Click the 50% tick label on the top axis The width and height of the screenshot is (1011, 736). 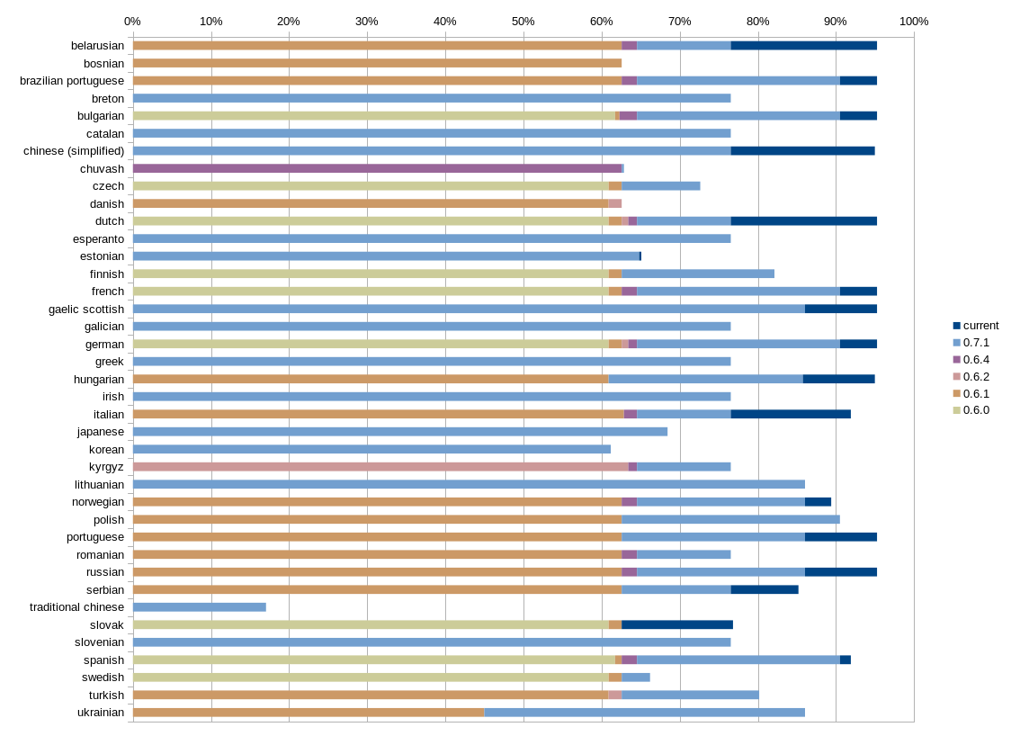(523, 22)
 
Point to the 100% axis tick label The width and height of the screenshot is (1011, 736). (913, 22)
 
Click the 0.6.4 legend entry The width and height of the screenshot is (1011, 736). (976, 360)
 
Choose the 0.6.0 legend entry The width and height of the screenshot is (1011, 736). (976, 410)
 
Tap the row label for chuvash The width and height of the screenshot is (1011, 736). (102, 168)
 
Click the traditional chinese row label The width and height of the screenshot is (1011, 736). (76, 607)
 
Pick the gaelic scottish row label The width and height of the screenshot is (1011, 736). (86, 309)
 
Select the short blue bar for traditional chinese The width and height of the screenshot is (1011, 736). (200, 607)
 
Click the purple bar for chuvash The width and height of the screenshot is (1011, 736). (378, 168)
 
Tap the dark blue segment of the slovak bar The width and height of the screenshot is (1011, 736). (677, 624)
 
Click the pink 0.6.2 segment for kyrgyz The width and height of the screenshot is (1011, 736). (380, 467)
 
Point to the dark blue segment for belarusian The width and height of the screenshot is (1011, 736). (803, 45)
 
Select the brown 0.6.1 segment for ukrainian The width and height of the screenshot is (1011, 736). (309, 713)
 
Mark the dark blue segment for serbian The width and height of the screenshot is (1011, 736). (765, 589)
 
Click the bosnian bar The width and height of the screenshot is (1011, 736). (378, 63)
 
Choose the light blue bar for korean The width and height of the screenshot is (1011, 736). (371, 449)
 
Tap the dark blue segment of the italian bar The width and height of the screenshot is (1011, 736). (791, 414)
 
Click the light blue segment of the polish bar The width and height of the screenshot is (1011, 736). (730, 519)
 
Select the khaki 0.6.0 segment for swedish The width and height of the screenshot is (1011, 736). (371, 678)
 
